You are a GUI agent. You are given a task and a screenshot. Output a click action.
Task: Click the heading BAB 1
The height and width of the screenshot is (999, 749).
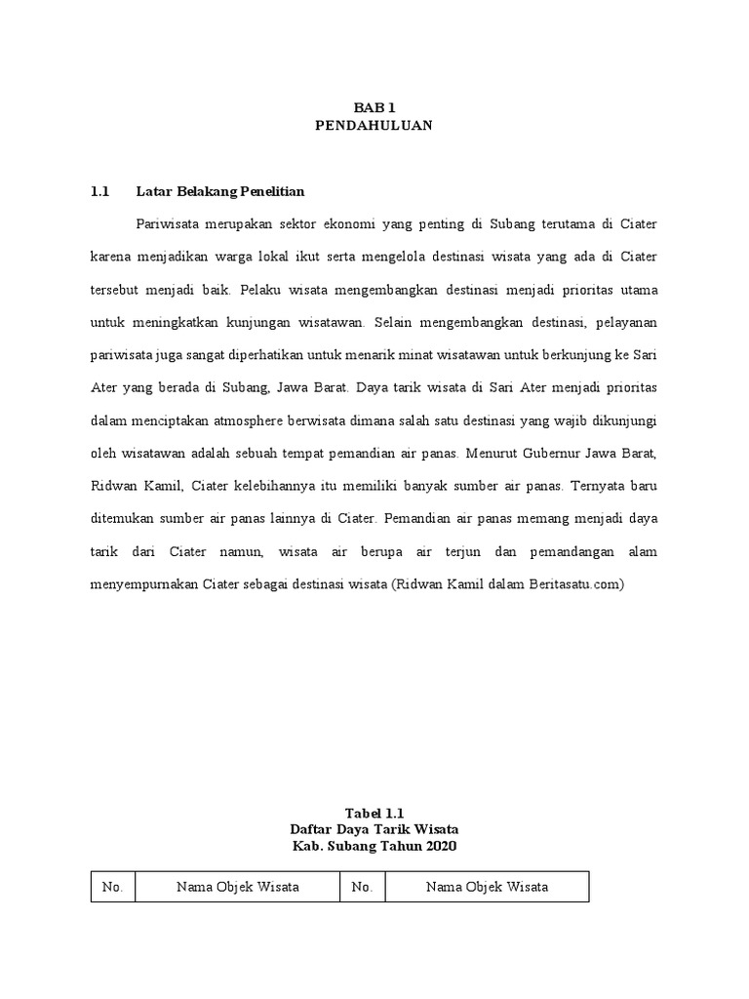coord(374,107)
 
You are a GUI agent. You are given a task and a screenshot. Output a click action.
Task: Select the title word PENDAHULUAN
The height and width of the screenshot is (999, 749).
coord(374,125)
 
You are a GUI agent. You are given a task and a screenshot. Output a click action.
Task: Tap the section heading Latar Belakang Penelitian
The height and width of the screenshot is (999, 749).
coord(220,191)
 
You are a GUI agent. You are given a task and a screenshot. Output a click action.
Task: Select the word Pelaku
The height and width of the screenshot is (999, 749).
coord(260,290)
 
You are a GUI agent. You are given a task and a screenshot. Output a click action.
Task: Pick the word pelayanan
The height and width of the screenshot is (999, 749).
coord(625,322)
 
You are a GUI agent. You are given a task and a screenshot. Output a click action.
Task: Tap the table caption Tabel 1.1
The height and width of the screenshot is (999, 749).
coord(374,812)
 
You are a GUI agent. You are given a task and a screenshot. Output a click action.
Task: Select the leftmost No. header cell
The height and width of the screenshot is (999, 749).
coord(112,887)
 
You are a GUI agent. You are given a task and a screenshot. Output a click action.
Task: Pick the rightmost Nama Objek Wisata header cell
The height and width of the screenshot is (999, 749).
coord(487,887)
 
